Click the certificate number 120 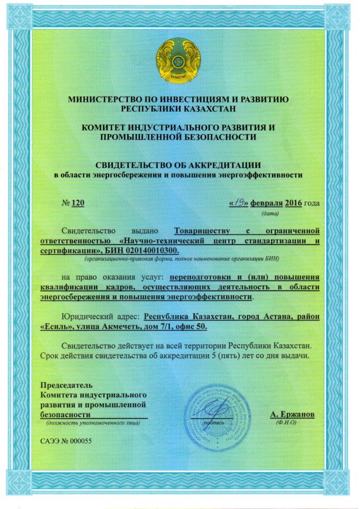pyautogui.click(x=78, y=203)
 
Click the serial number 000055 pyautogui.click(x=81, y=440)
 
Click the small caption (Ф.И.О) pyautogui.click(x=285, y=423)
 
